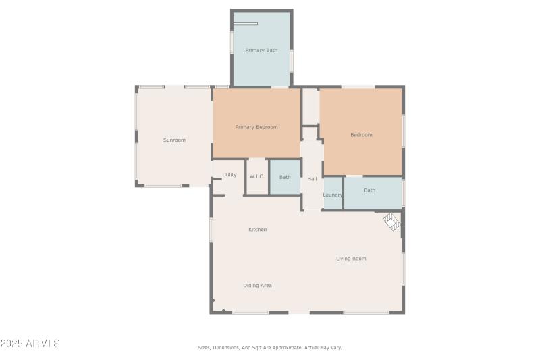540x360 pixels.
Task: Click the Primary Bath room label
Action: click(x=261, y=50)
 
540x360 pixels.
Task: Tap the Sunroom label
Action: click(x=174, y=140)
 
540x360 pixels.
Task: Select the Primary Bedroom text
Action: click(x=256, y=127)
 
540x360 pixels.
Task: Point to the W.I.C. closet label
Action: click(x=256, y=177)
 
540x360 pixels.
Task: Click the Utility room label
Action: click(x=230, y=175)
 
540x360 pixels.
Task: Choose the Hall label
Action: click(x=312, y=179)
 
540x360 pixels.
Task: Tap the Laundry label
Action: click(x=333, y=195)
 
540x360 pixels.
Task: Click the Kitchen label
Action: click(x=257, y=230)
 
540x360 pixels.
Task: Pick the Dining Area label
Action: click(x=257, y=286)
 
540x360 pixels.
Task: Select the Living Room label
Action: click(x=351, y=259)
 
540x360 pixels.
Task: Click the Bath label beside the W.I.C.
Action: click(x=285, y=177)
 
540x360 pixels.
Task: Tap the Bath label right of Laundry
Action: click(x=369, y=190)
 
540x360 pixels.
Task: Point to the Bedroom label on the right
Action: click(x=361, y=135)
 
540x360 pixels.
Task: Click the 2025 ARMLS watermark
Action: click(x=30, y=344)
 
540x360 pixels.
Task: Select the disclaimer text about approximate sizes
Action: click(x=269, y=348)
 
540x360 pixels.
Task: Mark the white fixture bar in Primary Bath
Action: click(x=246, y=24)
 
